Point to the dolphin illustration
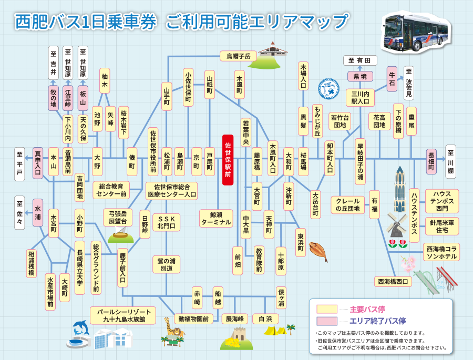[x=81, y=328]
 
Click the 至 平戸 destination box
[x=19, y=163]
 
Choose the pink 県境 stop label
[x=360, y=77]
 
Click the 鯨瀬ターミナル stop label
[x=215, y=218]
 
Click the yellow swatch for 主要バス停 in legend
[x=326, y=308]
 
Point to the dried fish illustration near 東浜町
[x=318, y=248]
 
